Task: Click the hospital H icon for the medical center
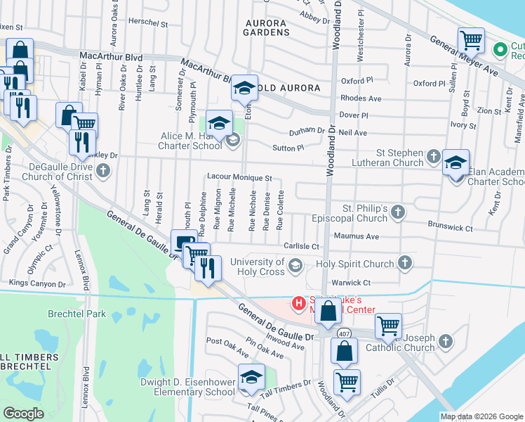pos(298,303)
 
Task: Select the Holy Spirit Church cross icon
pos(404,263)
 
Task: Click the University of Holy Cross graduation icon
pos(295,264)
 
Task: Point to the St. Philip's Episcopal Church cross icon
pos(398,212)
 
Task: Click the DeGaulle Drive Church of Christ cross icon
pos(103,170)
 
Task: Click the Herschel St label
pos(149,23)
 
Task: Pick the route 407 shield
pos(343,333)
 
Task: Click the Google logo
pos(24,414)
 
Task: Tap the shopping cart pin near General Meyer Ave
pos(471,40)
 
